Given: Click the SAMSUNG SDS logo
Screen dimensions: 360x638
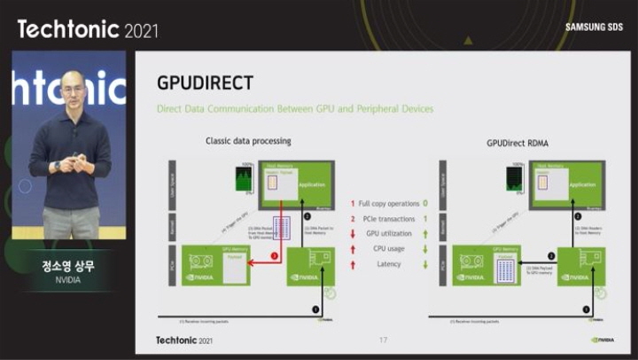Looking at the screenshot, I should [x=593, y=27].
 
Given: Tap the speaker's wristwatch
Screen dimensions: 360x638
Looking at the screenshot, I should [x=58, y=166].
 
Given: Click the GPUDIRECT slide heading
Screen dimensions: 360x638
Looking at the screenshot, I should [x=205, y=82].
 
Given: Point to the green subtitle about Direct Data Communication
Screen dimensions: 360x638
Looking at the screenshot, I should [x=295, y=109].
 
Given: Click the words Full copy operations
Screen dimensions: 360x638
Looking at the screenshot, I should [x=390, y=204].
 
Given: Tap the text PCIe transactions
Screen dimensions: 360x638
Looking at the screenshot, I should [x=390, y=219].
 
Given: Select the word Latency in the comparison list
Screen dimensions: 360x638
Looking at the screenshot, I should [x=390, y=264].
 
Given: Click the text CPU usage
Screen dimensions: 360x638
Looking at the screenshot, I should [x=390, y=249].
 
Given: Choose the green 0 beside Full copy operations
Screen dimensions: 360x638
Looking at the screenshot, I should [x=425, y=204].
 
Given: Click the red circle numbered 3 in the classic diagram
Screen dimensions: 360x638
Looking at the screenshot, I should [x=275, y=257].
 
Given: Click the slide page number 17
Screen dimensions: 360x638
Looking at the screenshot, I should [x=383, y=340].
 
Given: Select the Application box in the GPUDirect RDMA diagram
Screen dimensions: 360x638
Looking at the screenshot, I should [x=582, y=185].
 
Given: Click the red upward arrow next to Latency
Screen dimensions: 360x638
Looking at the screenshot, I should [x=354, y=264].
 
